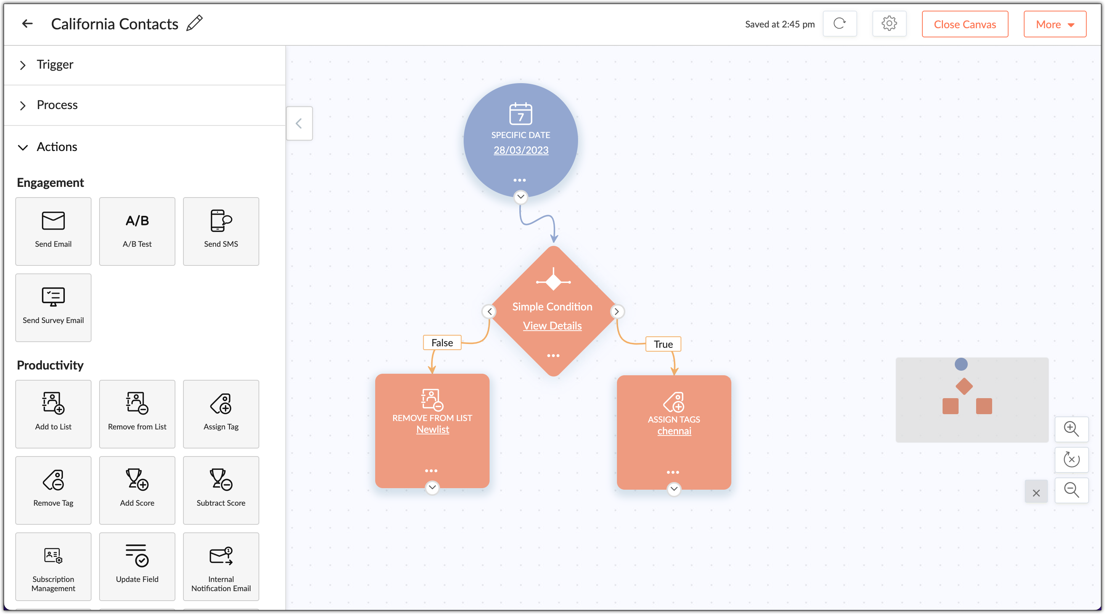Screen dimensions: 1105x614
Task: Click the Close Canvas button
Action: point(965,24)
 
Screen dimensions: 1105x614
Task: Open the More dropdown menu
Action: point(1055,24)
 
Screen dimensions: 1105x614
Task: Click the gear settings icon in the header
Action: point(889,24)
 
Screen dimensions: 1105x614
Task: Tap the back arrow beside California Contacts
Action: point(27,24)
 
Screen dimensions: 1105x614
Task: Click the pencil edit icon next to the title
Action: point(194,23)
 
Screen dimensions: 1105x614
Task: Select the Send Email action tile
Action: point(53,231)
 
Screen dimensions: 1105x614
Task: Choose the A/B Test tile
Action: point(137,231)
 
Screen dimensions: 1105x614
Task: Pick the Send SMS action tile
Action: point(221,231)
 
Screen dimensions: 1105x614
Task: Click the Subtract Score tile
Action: point(221,490)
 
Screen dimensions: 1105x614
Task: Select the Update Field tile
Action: point(137,566)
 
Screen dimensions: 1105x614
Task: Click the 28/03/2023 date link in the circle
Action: point(521,150)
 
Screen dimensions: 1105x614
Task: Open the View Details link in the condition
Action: point(552,326)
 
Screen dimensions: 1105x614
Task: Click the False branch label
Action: point(442,342)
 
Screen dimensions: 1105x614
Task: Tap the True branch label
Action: point(663,344)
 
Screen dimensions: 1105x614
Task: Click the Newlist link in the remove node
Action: point(432,429)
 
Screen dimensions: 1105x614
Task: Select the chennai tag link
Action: point(674,431)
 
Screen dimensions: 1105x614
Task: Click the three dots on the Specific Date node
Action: point(519,180)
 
